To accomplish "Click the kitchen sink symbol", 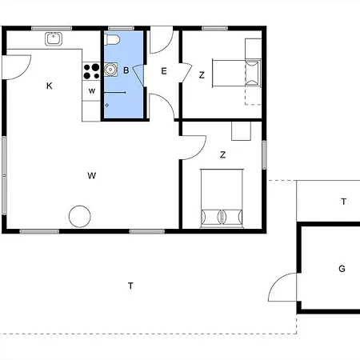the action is coord(54,38).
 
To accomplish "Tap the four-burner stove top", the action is coord(91,71).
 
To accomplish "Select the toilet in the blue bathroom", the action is coord(112,40).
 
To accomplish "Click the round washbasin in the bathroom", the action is coord(110,70).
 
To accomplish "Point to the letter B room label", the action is coord(126,70).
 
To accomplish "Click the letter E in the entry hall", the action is coord(164,71).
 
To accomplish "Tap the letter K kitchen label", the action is coord(50,86).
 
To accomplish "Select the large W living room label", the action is coord(92,176).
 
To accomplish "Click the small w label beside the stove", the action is coord(92,91).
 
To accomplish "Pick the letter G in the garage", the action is coord(342,269).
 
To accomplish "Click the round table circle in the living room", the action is coord(80,216).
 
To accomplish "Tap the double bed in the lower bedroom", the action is coord(222,198).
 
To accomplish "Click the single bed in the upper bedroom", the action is coord(237,74).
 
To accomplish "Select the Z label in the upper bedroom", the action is coord(202,75).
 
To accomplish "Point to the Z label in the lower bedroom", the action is coord(223,154).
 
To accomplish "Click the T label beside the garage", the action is coord(344,202).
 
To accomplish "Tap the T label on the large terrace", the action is coord(130,286).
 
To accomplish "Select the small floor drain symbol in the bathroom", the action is coord(107,106).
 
